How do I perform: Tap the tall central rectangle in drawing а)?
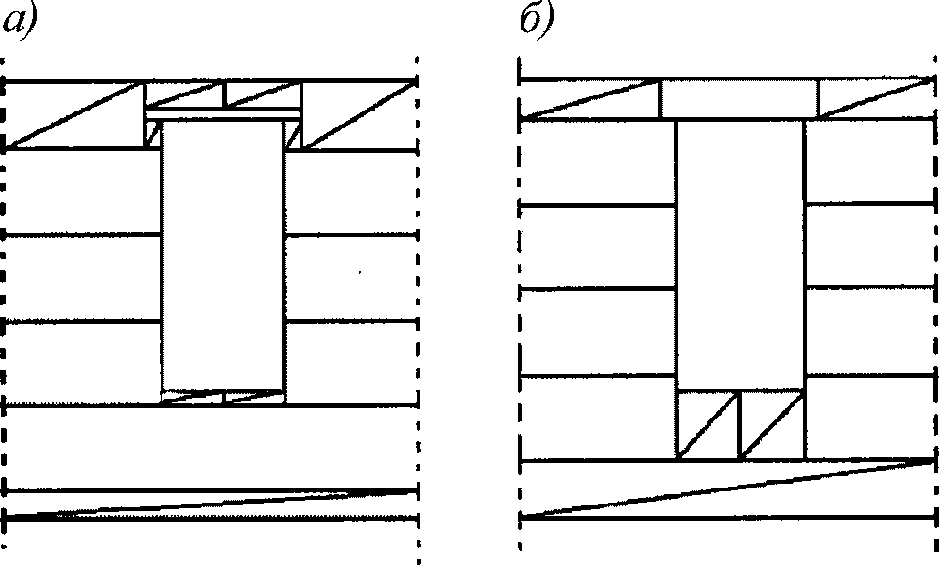click(223, 255)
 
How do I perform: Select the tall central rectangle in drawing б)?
click(740, 255)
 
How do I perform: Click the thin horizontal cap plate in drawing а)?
click(223, 114)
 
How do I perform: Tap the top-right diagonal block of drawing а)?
click(359, 114)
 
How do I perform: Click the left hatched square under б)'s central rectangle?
click(709, 426)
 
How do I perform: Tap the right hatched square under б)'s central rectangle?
click(772, 426)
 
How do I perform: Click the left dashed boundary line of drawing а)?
click(6, 283)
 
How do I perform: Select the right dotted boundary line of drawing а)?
click(417, 283)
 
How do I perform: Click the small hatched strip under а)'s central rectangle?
click(223, 398)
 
